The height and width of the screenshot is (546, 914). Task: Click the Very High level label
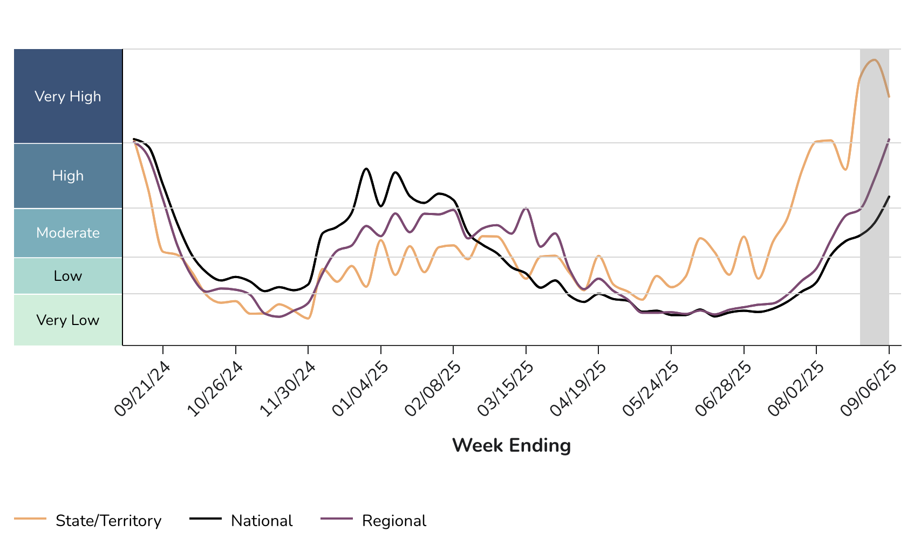[68, 96]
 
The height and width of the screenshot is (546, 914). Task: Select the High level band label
[68, 176]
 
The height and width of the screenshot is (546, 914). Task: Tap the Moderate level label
[68, 233]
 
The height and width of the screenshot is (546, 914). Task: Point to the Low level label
[68, 276]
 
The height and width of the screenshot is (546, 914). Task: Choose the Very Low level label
[68, 320]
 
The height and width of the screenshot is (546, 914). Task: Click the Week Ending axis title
[511, 446]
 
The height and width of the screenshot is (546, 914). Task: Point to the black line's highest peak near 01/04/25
[366, 169]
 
